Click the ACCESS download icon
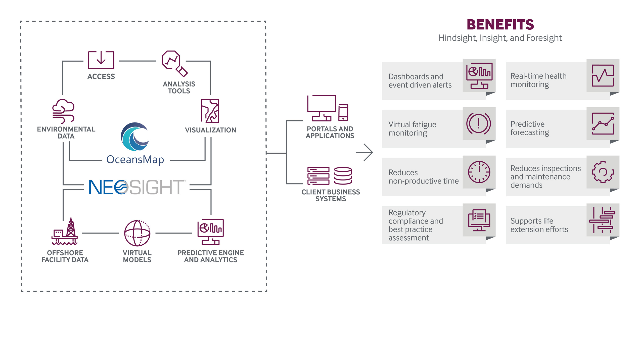(101, 60)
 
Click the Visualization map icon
(210, 111)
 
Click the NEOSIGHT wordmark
(137, 187)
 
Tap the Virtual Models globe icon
(137, 233)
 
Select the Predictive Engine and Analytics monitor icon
(210, 232)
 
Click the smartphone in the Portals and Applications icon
(343, 112)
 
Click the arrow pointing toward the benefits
(364, 152)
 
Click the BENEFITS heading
(500, 25)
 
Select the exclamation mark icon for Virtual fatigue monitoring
(478, 124)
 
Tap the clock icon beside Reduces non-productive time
(479, 172)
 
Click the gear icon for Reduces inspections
(603, 172)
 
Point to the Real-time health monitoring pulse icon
(603, 75)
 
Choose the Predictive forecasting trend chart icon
(603, 123)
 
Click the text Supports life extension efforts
(539, 225)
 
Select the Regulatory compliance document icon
(479, 220)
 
